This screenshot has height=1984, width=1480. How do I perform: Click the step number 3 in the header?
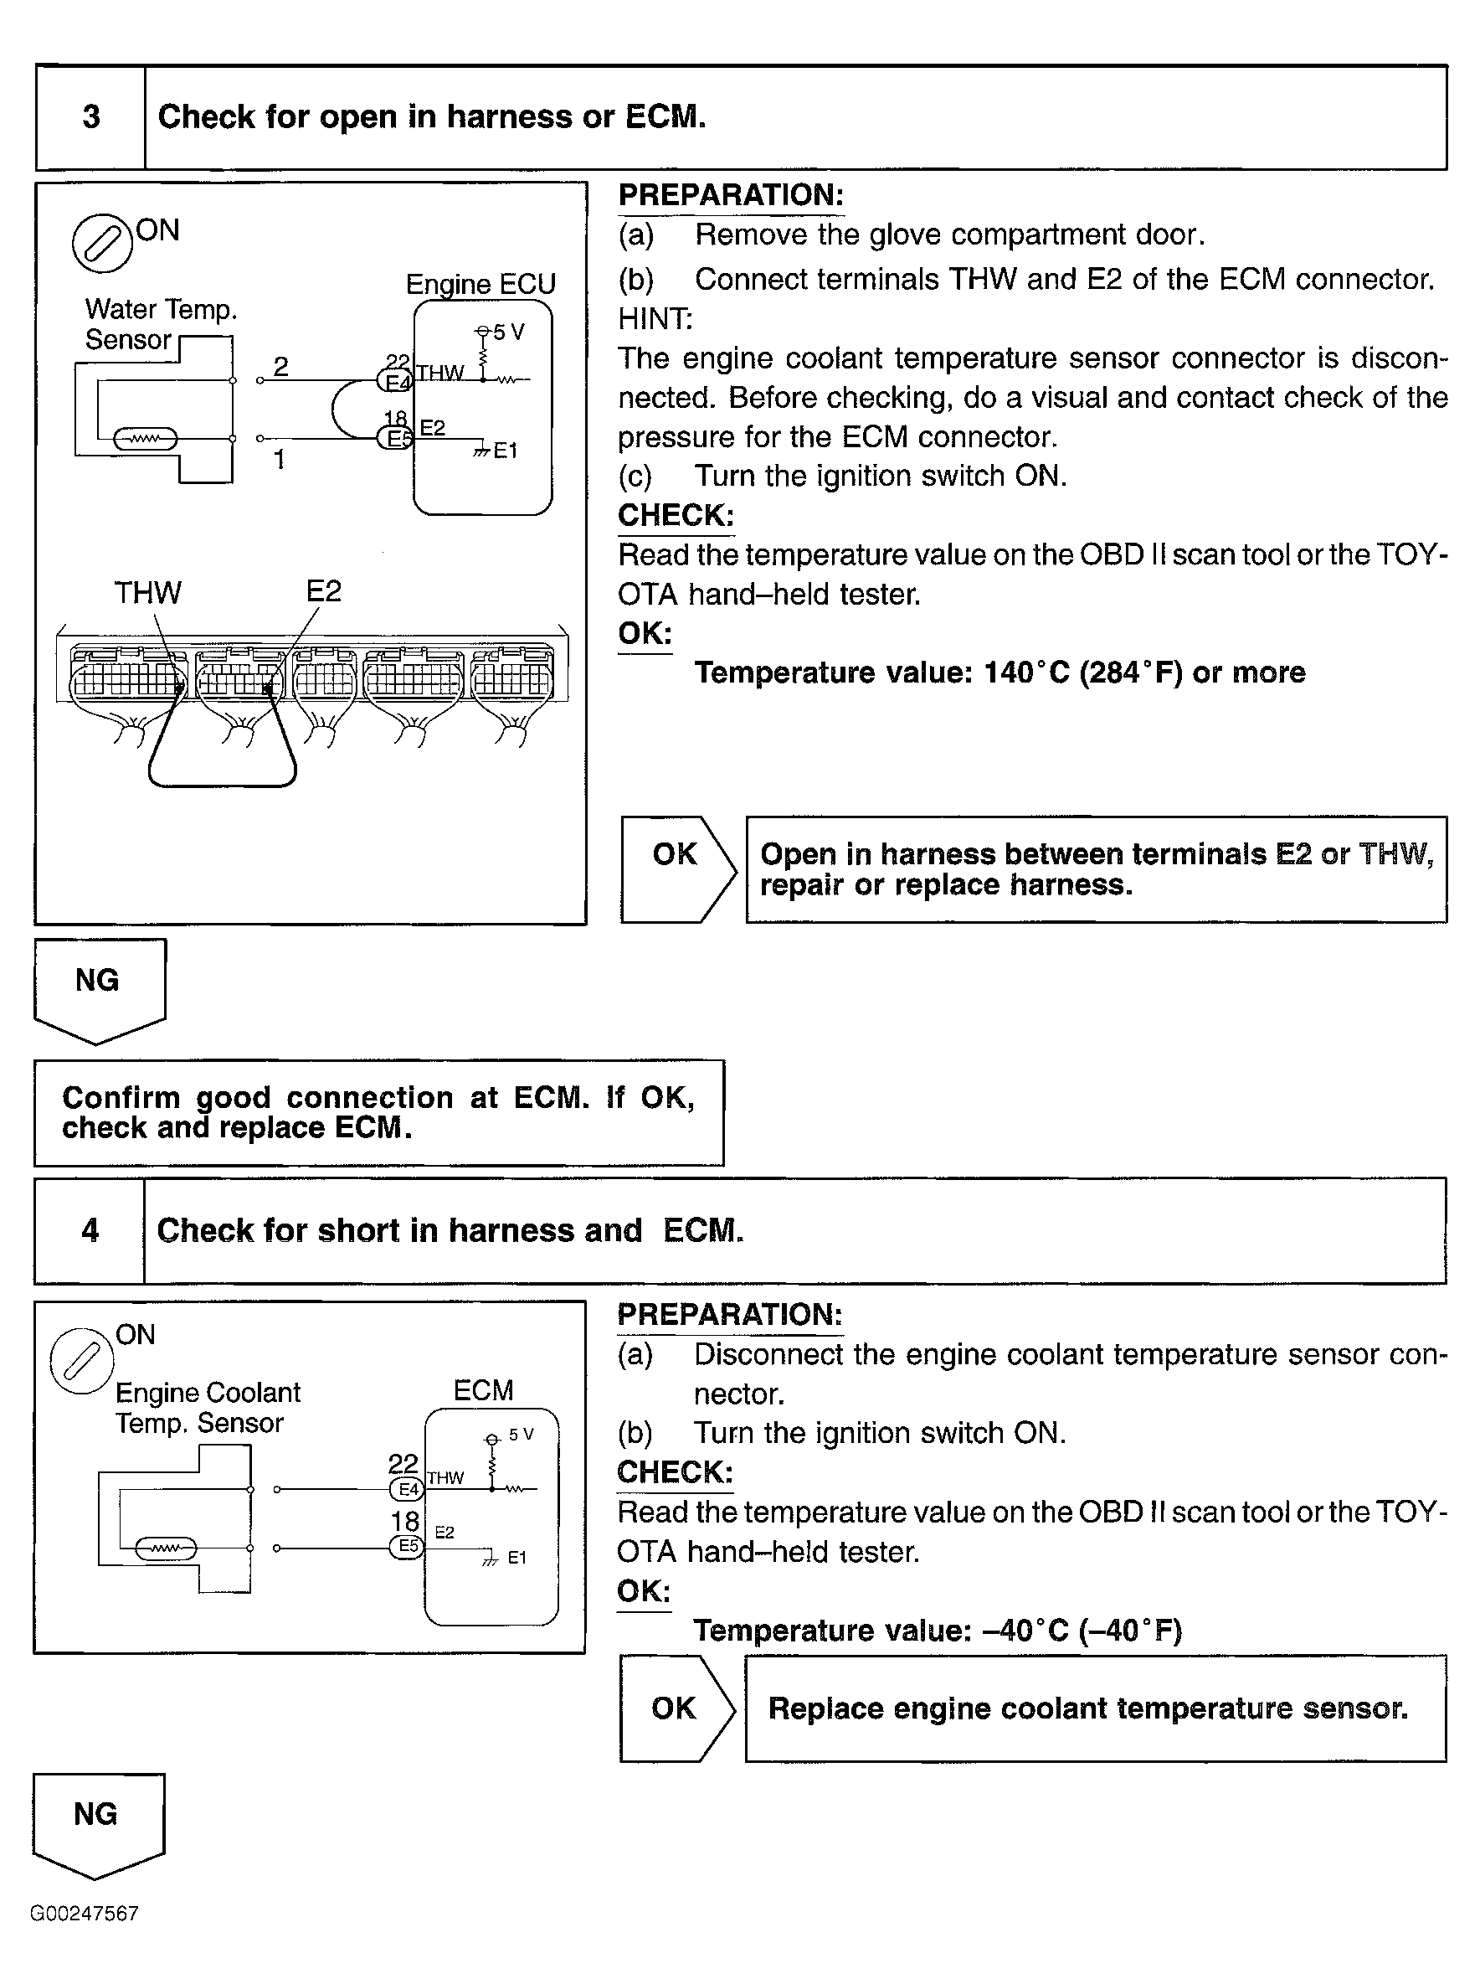[x=91, y=117]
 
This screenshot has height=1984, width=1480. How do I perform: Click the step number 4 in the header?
[x=90, y=1230]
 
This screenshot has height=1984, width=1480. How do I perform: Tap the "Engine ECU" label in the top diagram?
[x=480, y=284]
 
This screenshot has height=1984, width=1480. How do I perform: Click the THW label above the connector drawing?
[x=148, y=592]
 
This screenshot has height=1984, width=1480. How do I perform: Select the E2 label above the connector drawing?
[x=323, y=591]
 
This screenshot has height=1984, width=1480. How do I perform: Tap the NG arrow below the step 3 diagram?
[x=99, y=987]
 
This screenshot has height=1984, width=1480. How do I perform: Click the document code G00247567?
[x=85, y=1913]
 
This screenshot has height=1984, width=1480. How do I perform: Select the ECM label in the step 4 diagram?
[x=483, y=1390]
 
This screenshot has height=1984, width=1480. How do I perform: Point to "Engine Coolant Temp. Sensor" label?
[x=207, y=1407]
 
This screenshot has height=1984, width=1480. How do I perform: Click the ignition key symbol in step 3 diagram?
[x=102, y=243]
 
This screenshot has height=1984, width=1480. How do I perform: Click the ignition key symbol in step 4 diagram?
[x=81, y=1360]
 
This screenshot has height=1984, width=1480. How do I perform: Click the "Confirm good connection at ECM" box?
[x=378, y=1112]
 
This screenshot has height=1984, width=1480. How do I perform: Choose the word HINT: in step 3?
[x=655, y=319]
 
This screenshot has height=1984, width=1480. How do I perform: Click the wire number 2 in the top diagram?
[x=280, y=366]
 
